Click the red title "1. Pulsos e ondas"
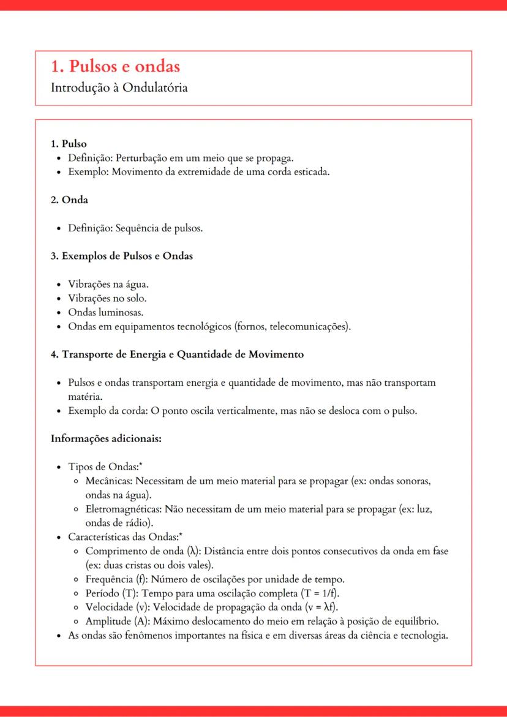coord(115,67)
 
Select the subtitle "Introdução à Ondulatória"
coord(119,88)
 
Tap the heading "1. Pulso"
coord(69,145)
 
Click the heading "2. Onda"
coord(69,200)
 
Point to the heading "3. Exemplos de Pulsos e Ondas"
coord(121,256)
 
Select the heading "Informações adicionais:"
coord(105,438)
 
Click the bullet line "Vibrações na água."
coord(108,285)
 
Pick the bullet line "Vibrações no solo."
coord(107,299)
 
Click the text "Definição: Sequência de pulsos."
coord(135,228)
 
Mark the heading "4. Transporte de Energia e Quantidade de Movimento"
coord(177,355)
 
